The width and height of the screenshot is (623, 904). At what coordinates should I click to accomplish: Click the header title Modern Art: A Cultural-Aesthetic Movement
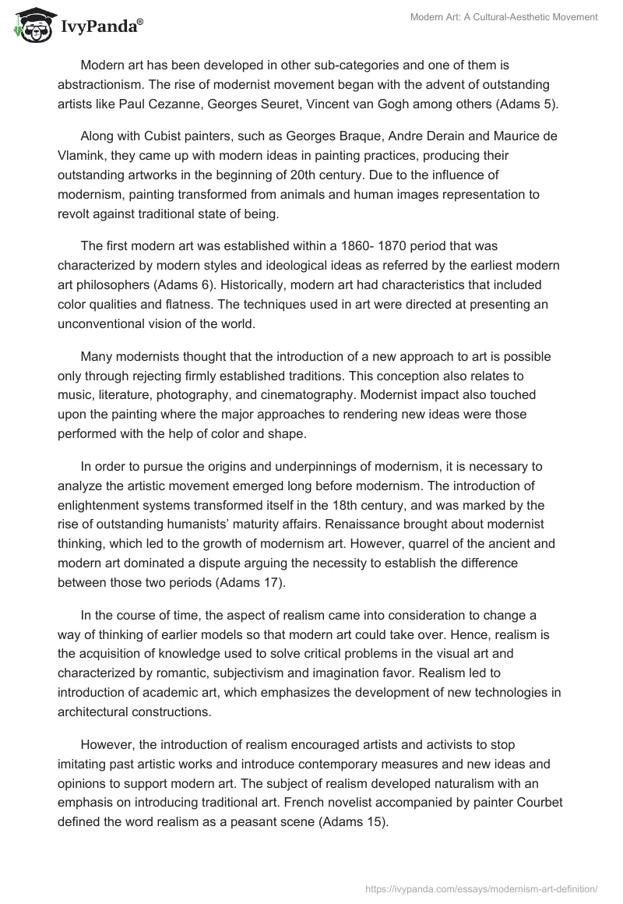(504, 17)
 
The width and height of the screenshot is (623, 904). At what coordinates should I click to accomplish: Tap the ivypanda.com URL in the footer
(482, 888)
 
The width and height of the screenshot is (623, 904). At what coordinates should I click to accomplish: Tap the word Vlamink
(82, 156)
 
